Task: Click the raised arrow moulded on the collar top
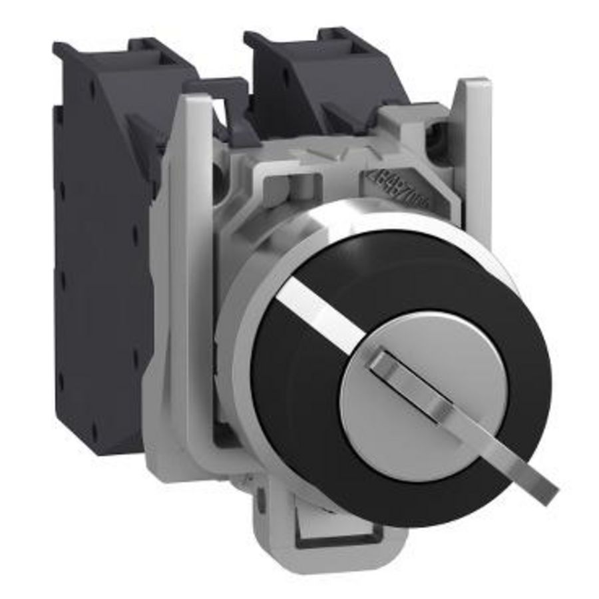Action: (326, 152)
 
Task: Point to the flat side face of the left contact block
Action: (100, 266)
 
